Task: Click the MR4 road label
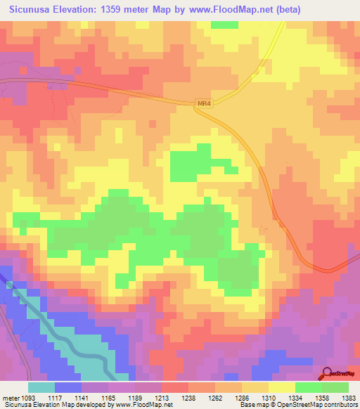(204, 104)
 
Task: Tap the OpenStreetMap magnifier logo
(328, 372)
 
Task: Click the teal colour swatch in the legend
(41, 387)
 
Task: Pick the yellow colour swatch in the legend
(281, 387)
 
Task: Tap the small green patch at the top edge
(224, 25)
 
